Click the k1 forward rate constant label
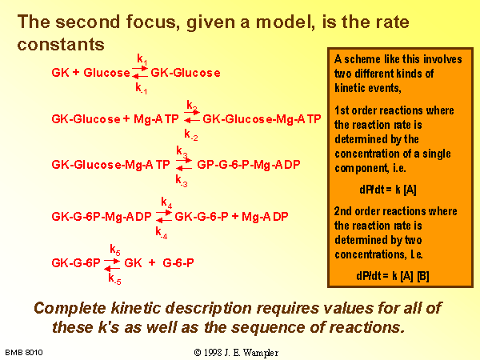tap(142, 59)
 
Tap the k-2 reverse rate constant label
tap(191, 134)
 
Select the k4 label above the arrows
tap(166, 202)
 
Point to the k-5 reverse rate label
tap(114, 279)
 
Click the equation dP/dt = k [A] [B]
tap(393, 276)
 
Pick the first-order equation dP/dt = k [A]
tap(388, 190)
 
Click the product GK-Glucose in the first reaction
tap(186, 73)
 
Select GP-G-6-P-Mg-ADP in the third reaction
tap(249, 165)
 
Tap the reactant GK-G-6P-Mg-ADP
tap(102, 217)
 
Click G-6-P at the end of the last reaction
tap(178, 263)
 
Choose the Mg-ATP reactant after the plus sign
tap(156, 119)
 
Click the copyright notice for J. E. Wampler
tap(236, 353)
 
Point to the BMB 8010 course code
tap(24, 353)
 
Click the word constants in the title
tap(61, 44)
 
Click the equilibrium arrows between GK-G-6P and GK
tap(112, 265)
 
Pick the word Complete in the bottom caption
tap(70, 308)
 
